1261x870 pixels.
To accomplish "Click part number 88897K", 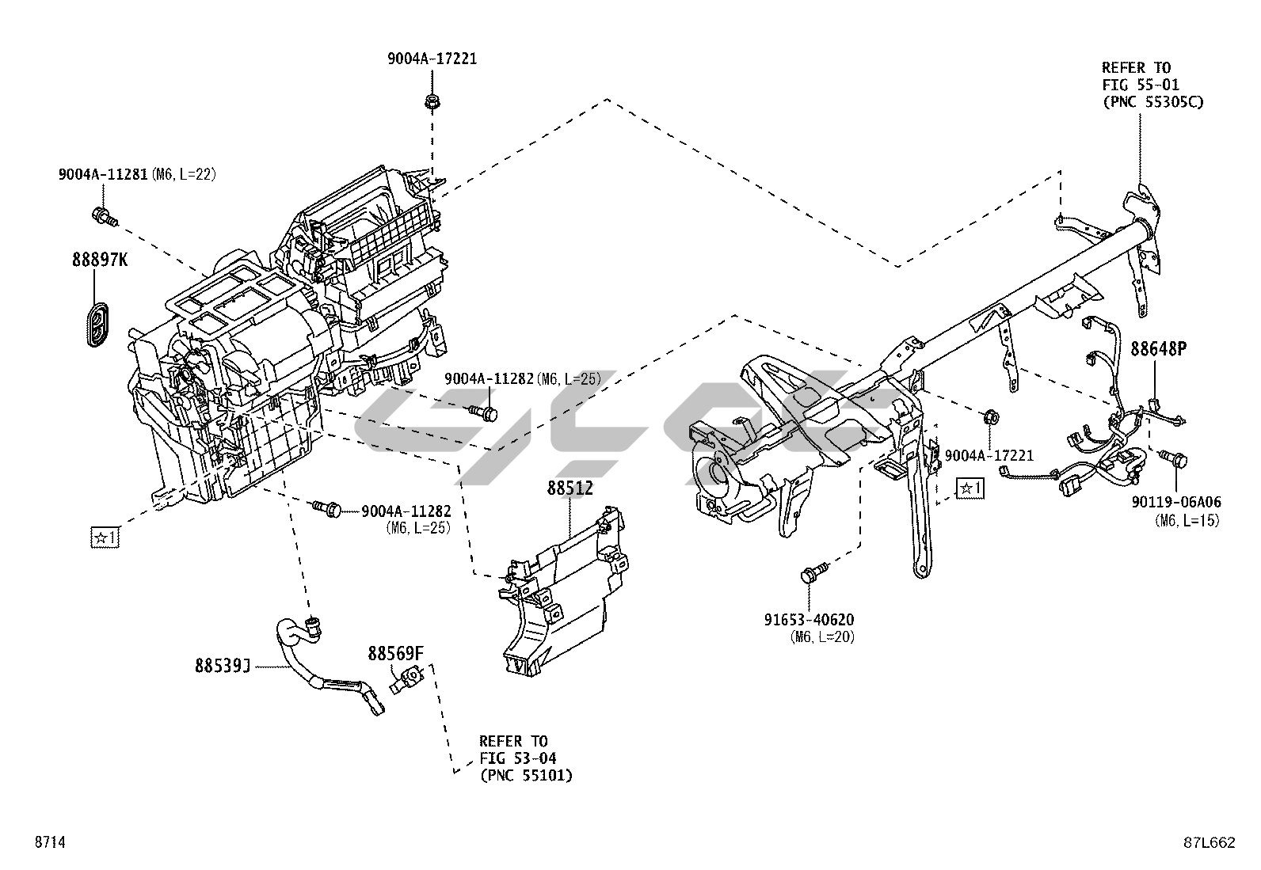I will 99,259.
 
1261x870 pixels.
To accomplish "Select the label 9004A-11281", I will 102,174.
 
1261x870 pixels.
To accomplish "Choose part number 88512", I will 570,488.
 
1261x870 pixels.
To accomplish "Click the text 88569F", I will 395,653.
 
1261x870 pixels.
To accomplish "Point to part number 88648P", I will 1159,348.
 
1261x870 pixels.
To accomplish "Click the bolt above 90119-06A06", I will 1175,458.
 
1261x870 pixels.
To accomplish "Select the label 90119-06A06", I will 1176,502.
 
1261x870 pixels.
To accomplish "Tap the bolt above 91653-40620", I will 813,573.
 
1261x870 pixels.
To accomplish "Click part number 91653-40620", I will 809,620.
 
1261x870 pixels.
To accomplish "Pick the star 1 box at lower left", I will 105,538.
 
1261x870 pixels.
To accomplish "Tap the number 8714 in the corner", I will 49,843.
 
